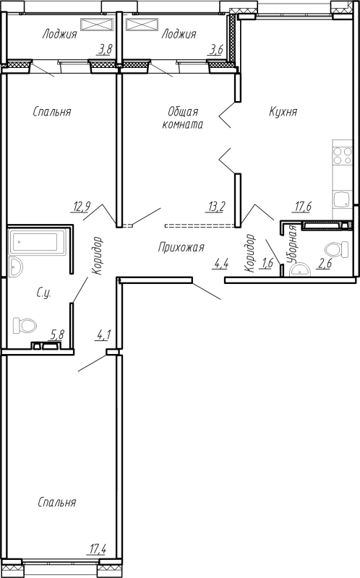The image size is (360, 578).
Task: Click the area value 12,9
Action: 82,207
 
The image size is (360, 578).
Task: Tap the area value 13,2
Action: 216,207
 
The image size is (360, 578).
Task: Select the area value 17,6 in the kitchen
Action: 303,207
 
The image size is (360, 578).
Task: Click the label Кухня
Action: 283,112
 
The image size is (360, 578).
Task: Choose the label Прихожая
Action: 181,246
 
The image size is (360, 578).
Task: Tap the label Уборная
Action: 293,243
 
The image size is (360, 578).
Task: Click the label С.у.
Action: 43,293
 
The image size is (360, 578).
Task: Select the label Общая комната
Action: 183,118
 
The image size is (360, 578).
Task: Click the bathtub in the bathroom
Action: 38,242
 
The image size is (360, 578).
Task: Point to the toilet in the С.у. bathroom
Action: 25,326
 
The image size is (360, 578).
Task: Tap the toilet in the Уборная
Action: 337,250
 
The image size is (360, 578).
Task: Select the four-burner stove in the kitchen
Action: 342,155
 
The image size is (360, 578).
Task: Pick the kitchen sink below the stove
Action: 342,201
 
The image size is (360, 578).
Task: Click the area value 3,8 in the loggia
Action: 105,49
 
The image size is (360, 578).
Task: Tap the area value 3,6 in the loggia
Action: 215,49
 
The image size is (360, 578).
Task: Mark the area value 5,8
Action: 57,335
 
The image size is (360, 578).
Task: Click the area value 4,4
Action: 221,263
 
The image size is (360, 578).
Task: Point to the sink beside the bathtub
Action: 16,267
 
